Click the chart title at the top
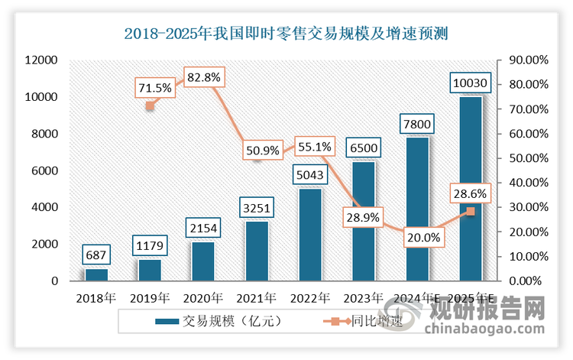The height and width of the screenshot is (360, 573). point(286,33)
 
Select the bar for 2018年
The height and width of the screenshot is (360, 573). point(96,274)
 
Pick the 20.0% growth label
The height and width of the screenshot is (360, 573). point(422,238)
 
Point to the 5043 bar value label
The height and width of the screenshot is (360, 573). point(310,175)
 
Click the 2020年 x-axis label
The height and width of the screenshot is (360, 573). point(203,297)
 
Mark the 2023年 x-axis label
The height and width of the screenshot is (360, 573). point(364,297)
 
